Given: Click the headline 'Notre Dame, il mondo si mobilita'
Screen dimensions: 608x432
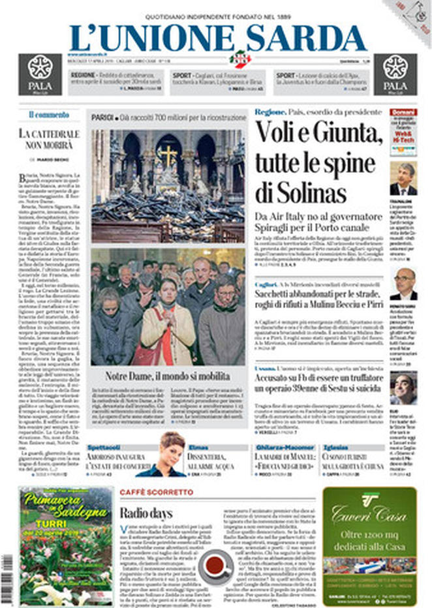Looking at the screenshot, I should [x=168, y=376].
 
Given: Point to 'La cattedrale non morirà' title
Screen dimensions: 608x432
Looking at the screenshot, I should [x=49, y=139].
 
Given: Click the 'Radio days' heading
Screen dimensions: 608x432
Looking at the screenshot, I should [x=146, y=513].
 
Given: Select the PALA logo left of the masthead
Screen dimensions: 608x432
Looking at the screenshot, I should [x=40, y=74].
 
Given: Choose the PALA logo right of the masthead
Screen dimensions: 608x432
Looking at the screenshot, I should [x=395, y=74].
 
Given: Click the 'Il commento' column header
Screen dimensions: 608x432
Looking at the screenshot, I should [x=48, y=115].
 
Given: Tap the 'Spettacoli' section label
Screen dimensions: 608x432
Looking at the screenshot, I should [x=104, y=448].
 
